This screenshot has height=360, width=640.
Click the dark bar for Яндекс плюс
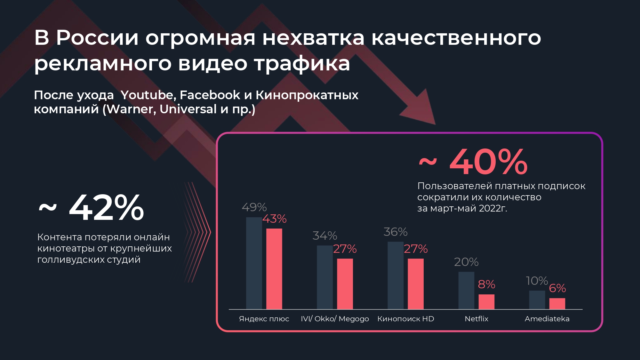(254, 263)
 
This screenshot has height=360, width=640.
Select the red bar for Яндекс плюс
(274, 269)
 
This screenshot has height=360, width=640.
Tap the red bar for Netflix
(486, 302)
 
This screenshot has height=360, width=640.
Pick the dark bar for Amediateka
(537, 300)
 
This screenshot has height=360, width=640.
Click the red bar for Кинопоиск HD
(416, 284)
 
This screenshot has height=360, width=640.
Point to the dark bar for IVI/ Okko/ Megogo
(324, 277)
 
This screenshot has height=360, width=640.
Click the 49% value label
(254, 207)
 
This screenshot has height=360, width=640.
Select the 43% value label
(275, 219)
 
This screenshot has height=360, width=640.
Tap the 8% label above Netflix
(486, 284)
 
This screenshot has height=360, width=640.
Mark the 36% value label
(396, 232)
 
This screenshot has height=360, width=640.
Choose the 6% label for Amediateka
(557, 288)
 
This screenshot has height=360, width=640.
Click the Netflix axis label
(476, 319)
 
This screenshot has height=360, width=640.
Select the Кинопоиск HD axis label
(406, 319)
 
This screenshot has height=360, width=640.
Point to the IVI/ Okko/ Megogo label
(335, 319)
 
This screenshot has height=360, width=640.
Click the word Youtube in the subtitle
(147, 95)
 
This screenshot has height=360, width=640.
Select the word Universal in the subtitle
(188, 109)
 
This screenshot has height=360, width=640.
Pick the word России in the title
(97, 38)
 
